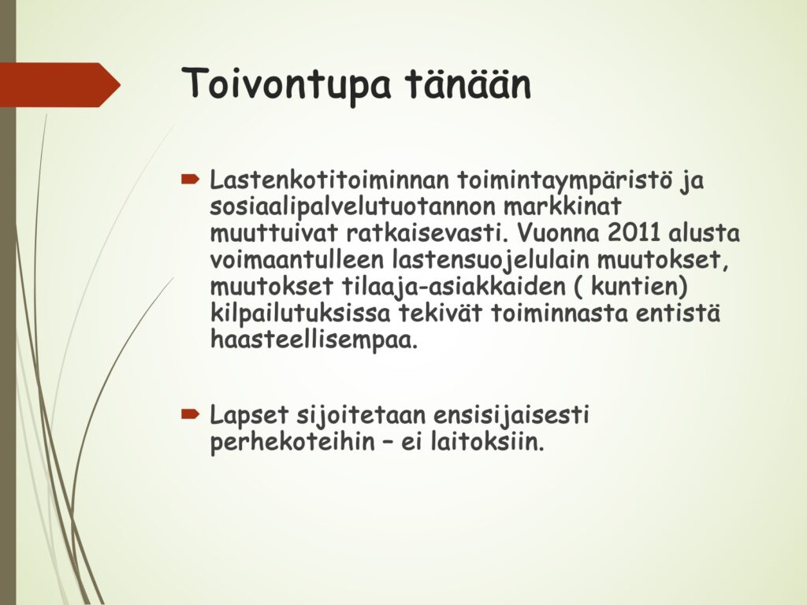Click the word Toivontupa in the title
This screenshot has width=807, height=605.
tap(286, 84)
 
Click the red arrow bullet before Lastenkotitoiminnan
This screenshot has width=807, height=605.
tap(190, 179)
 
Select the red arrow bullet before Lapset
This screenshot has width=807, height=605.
tap(190, 414)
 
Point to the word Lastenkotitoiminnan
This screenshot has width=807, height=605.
tap(329, 180)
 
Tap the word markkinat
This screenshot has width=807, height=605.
tap(563, 206)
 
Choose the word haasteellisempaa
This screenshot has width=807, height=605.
tap(314, 341)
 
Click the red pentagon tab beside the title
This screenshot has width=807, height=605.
tap(60, 85)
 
